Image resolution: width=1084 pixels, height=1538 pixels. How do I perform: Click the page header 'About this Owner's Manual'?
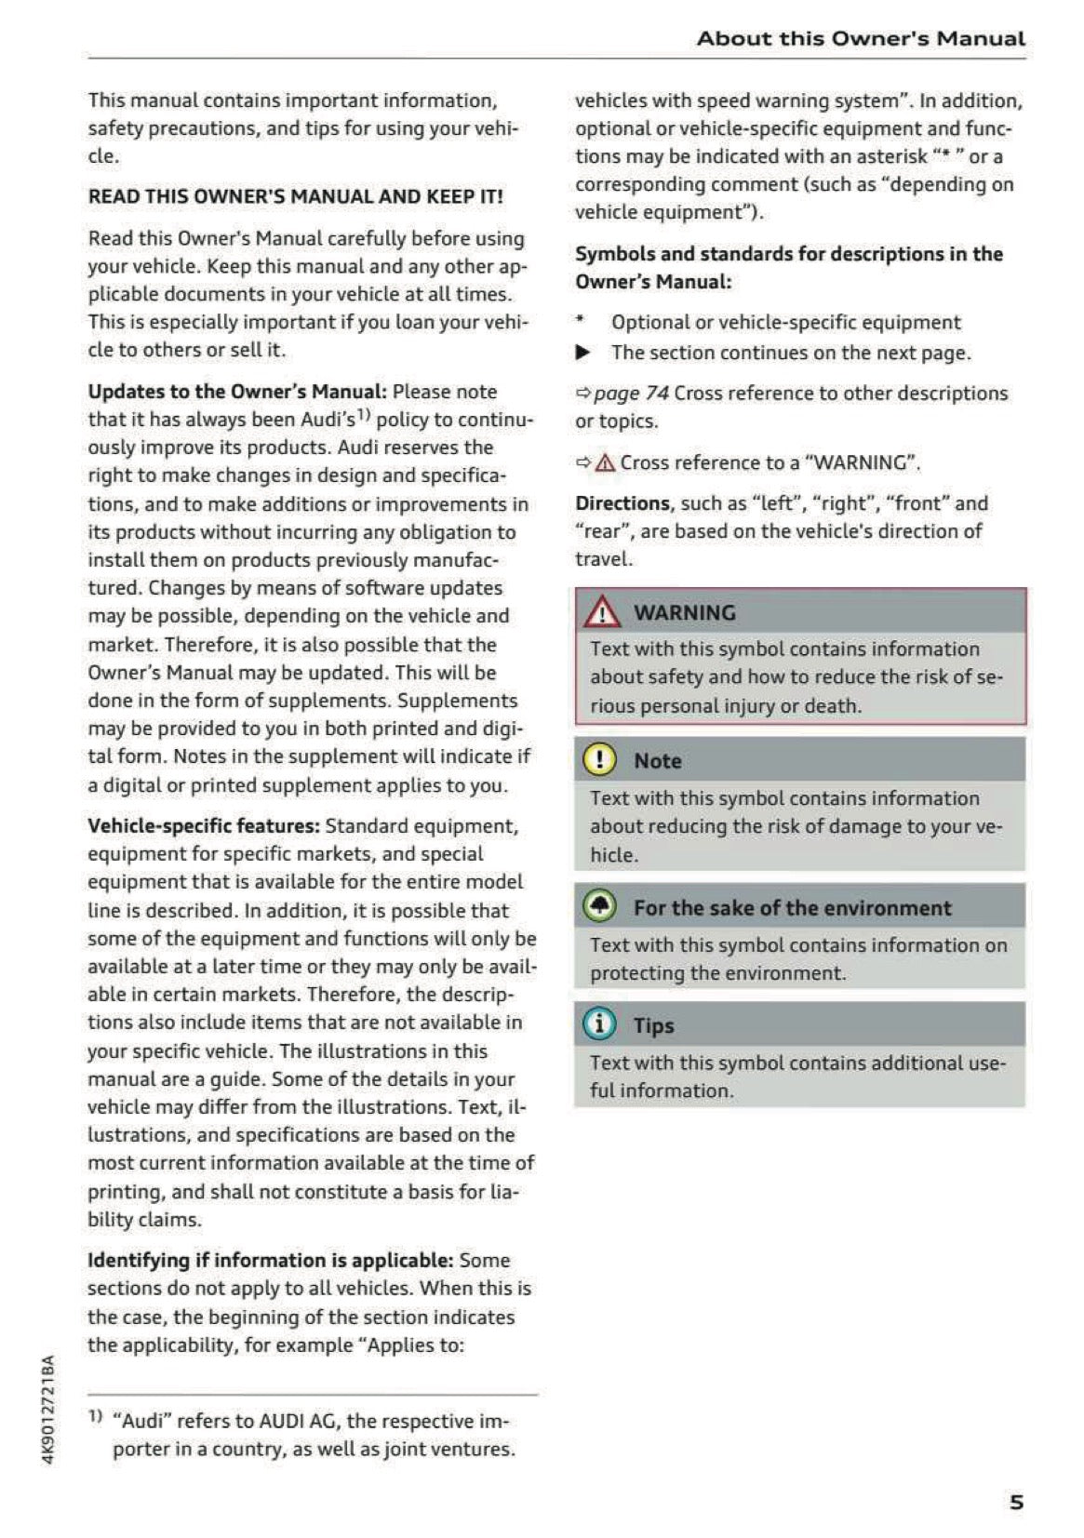[x=861, y=38]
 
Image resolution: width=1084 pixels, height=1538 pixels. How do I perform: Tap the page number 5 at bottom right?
[x=1016, y=1502]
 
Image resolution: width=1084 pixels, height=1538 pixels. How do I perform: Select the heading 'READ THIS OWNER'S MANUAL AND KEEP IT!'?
[x=295, y=196]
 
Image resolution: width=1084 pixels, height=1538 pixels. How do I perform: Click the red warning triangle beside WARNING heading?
[x=602, y=612]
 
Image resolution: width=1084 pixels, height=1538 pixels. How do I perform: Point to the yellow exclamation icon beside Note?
[x=599, y=760]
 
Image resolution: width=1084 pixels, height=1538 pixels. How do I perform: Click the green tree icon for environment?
[x=599, y=906]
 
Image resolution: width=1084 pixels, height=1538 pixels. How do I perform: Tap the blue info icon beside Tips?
[x=599, y=1024]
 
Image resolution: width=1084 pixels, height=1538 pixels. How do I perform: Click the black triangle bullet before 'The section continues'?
[x=582, y=353]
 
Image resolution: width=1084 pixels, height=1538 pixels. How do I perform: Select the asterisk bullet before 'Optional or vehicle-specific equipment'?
[x=580, y=320]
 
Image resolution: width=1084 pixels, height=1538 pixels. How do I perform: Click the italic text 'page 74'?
[x=631, y=393]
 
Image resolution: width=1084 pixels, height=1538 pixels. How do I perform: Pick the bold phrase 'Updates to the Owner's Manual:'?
[x=237, y=392]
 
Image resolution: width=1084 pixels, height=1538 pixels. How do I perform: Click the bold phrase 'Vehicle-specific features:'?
[x=204, y=826]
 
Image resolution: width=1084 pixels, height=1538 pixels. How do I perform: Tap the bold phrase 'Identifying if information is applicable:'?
[x=270, y=1261]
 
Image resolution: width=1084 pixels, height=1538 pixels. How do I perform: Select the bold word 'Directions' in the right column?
[x=622, y=503]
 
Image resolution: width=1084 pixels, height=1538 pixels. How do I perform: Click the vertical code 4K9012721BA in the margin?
[x=48, y=1410]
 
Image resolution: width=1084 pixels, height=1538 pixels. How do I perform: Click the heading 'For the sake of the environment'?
[x=792, y=908]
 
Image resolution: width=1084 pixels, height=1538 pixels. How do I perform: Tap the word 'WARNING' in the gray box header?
[x=684, y=612]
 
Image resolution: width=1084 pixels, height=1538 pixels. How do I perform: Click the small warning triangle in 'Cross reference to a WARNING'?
[x=605, y=462]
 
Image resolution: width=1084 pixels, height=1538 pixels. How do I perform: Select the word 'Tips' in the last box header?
[x=653, y=1025]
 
